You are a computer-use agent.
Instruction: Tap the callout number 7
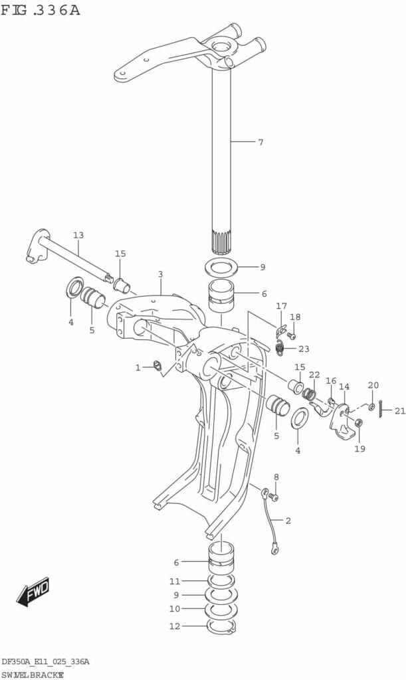click(x=260, y=142)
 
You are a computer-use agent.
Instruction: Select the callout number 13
click(x=78, y=235)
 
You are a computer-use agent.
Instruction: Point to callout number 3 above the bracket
click(x=160, y=274)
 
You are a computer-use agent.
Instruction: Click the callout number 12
click(x=174, y=625)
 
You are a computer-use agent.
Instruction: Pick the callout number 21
click(x=399, y=411)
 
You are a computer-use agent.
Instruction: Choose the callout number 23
click(x=304, y=349)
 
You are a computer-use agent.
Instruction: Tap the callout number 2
click(x=288, y=521)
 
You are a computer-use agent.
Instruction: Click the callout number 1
click(x=138, y=367)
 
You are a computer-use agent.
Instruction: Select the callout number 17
click(x=281, y=306)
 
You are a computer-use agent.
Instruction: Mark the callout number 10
click(x=174, y=608)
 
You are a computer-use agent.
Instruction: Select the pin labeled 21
click(x=380, y=411)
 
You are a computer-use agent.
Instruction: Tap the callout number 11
click(x=174, y=581)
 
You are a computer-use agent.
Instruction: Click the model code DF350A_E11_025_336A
click(x=45, y=661)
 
